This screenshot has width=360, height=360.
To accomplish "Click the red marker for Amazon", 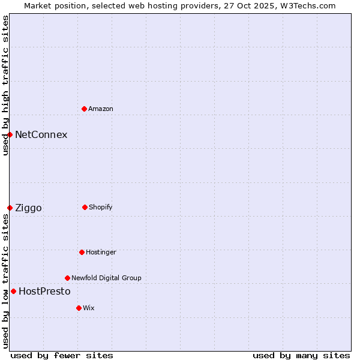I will [x=84, y=109].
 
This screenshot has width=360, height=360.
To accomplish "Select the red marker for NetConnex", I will [x=10, y=134].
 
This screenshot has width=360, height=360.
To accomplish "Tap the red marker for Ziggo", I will [x=10, y=208].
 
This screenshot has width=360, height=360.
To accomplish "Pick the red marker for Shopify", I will [x=85, y=207].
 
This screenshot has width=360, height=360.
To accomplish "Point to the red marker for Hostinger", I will [x=82, y=252].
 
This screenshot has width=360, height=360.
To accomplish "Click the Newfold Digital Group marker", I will [x=67, y=278].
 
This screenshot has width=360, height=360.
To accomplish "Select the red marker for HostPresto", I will [x=13, y=291].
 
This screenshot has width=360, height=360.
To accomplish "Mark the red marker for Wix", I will [x=79, y=308].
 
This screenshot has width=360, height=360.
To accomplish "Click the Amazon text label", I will [x=101, y=109].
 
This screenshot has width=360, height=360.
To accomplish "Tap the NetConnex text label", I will [x=41, y=134].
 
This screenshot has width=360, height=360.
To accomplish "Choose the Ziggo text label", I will [x=28, y=208].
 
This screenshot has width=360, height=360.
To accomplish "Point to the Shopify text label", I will [x=101, y=207].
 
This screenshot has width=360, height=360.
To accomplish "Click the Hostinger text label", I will [x=101, y=252].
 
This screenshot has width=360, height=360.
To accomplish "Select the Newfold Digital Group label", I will [x=106, y=278].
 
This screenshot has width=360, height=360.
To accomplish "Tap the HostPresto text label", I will [x=44, y=291].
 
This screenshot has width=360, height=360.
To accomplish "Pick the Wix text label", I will [x=89, y=308].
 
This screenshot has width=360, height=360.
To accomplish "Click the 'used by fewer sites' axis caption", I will [x=62, y=355].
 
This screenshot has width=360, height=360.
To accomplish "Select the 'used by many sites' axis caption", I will [x=301, y=355].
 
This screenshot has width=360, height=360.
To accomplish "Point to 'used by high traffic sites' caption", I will [x=5, y=85].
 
